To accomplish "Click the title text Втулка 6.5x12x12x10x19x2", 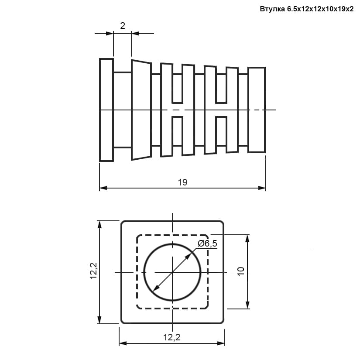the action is pyautogui.click(x=306, y=9).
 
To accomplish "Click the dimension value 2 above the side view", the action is pyautogui.click(x=123, y=26).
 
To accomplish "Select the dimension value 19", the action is pyautogui.click(x=182, y=182).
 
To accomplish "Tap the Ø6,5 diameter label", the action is pyautogui.click(x=207, y=243).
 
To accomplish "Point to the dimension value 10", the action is pyautogui.click(x=241, y=271).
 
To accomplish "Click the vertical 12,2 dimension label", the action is pyautogui.click(x=94, y=271).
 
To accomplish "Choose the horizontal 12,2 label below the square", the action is pyautogui.click(x=172, y=337).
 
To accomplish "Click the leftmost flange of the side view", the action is pyautogui.click(x=106, y=110).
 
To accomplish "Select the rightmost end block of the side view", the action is pyautogui.click(x=257, y=110).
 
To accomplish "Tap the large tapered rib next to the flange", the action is pyautogui.click(x=141, y=110).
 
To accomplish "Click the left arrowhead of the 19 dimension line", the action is pyautogui.click(x=103, y=188).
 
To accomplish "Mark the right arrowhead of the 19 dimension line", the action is pyautogui.click(x=262, y=188).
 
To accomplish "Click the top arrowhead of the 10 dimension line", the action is pyautogui.click(x=247, y=239).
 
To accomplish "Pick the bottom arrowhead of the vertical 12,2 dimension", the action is pyautogui.click(x=99, y=319).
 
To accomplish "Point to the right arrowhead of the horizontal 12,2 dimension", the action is pyautogui.click(x=221, y=343).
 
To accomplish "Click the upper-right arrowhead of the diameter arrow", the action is pyautogui.click(x=189, y=256).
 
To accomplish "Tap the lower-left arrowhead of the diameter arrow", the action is pyautogui.click(x=156, y=288).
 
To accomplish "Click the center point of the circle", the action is pyautogui.click(x=172, y=272).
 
